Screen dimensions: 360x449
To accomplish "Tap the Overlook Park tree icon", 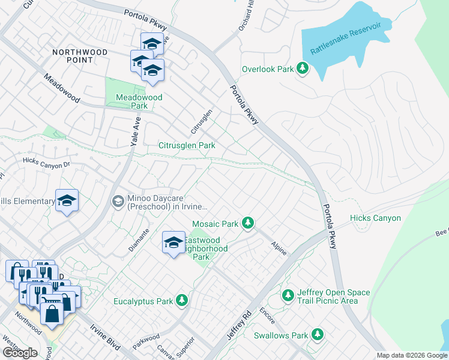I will point(303,69).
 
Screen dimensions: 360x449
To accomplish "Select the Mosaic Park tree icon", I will point(247,224).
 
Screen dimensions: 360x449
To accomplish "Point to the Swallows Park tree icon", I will point(317,335).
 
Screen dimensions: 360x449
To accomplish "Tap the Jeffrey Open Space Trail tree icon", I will point(289,296).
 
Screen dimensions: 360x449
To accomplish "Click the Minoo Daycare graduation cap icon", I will point(118,202).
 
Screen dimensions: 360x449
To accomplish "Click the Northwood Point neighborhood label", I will point(80,56).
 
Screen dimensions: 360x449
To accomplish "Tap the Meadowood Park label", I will point(131,101).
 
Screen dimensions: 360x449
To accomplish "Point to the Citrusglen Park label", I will point(187,145).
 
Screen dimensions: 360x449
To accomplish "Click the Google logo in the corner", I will point(20,352).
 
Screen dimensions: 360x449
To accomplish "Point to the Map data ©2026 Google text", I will point(411,355).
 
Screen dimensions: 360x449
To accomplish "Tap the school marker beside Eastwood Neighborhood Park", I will point(173,243).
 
